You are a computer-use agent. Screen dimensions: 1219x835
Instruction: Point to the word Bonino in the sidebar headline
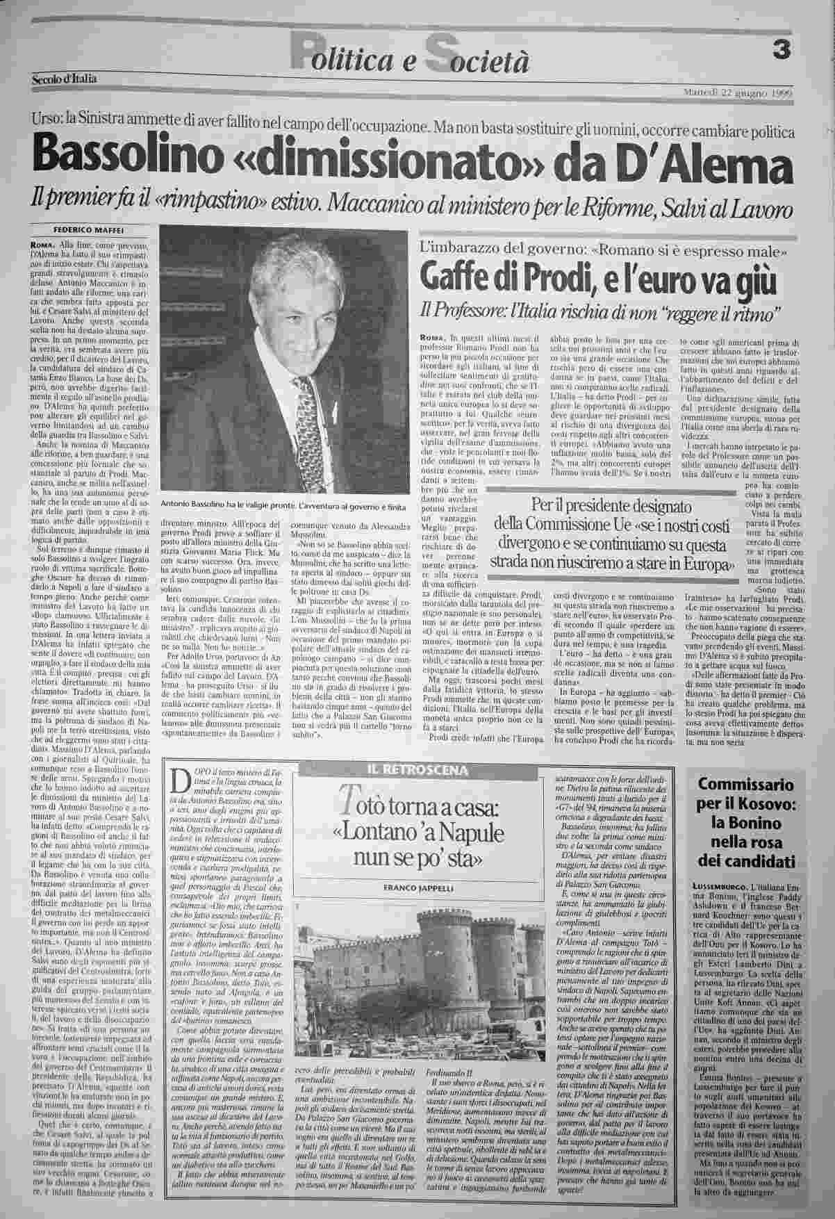pyautogui.click(x=747, y=823)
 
